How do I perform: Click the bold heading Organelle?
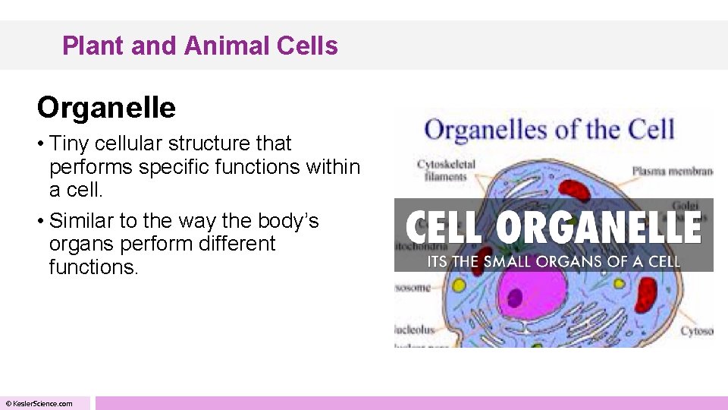pyautogui.click(x=106, y=108)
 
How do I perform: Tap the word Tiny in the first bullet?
pyautogui.click(x=71, y=143)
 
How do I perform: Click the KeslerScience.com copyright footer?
pyautogui.click(x=39, y=403)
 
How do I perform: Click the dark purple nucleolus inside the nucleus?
pyautogui.click(x=515, y=298)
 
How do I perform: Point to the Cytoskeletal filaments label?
pyautogui.click(x=447, y=169)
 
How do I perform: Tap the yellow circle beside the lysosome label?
pyautogui.click(x=459, y=287)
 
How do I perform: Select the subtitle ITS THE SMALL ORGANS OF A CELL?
pyautogui.click(x=553, y=262)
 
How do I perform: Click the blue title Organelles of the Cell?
pyautogui.click(x=550, y=130)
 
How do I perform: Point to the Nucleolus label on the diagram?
pyautogui.click(x=414, y=330)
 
